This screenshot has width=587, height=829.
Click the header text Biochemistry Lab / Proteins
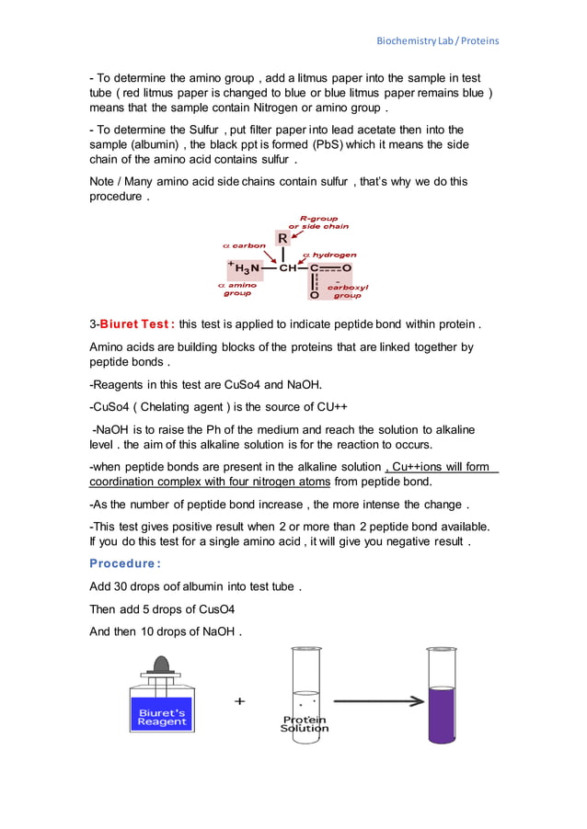pos(438,41)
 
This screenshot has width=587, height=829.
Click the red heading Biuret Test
pos(137,324)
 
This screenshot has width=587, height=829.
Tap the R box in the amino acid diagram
pos(282,238)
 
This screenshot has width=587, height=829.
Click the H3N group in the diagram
pos(246,268)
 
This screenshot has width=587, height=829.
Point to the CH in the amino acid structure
pos(289,268)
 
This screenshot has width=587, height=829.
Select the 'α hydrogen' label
pos(328,255)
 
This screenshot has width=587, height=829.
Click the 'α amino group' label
pos(237,289)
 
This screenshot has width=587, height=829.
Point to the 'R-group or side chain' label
pos(318,222)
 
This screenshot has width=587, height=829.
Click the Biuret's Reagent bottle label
pos(162,717)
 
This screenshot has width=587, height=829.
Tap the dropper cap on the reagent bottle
pos(162,664)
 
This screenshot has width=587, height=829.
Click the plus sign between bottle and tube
pos(240,701)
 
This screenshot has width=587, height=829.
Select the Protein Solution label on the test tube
pos(305,723)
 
